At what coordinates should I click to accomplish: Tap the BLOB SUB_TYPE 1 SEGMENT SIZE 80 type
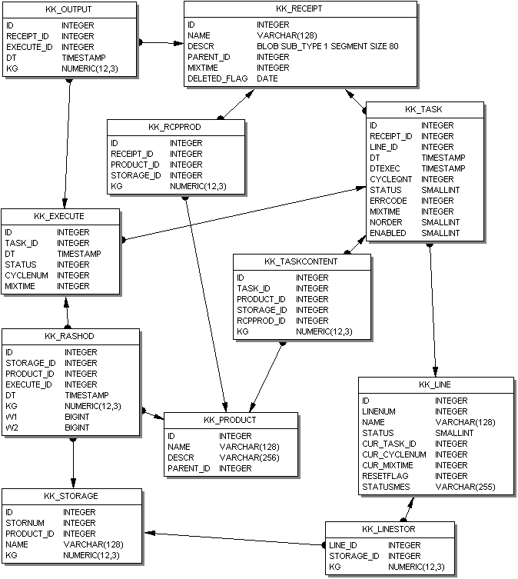327,46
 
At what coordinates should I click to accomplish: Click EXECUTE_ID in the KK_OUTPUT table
29,46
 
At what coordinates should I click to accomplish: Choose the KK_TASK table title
425,109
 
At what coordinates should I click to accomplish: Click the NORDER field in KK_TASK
386,222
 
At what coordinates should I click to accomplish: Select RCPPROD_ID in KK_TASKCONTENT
261,321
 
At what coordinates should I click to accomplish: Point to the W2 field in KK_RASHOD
12,428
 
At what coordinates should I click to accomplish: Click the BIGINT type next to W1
78,417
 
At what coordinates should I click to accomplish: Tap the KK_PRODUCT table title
231,420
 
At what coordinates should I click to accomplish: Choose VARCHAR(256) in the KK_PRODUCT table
249,458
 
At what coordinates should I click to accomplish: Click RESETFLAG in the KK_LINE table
384,476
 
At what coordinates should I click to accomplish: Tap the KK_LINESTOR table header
389,529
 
